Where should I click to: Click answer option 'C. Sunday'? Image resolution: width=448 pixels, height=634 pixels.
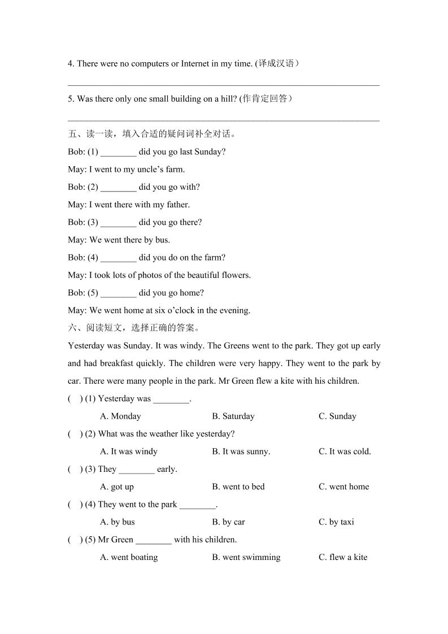tap(337, 416)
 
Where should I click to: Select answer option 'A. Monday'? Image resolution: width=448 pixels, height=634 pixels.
tap(120, 416)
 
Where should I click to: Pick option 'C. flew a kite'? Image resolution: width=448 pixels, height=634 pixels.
tap(343, 557)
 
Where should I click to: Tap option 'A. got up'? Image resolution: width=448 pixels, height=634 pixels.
tap(117, 487)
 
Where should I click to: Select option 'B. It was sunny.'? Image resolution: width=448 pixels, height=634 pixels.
tap(241, 451)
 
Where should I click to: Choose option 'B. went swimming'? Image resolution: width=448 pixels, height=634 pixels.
tap(246, 557)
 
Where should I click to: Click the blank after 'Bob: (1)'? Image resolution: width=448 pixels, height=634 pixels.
tap(119, 153)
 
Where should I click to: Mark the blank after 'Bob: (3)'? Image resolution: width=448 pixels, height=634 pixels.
tap(119, 223)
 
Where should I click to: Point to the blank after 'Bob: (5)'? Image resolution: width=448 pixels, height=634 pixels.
tap(119, 293)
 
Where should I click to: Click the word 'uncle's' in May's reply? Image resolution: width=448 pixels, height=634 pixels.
tap(150, 170)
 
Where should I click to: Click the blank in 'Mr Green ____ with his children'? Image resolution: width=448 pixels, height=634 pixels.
tap(154, 540)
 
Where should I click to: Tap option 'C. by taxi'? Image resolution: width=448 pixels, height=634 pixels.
tap(336, 522)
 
